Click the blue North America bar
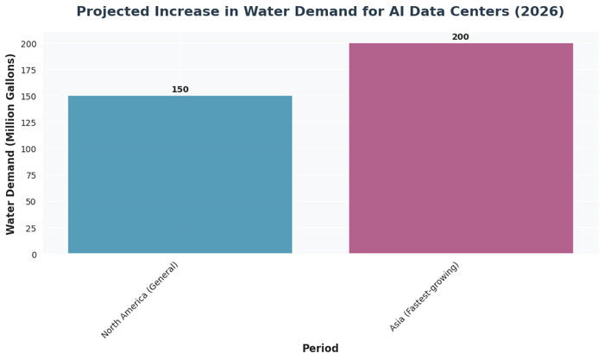point(179,174)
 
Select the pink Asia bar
point(461,148)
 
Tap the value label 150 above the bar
point(179,90)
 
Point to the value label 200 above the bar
point(461,37)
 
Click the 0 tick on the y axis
point(34,255)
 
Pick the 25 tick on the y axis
point(31,229)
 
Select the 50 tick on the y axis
point(31,202)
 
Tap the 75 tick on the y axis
point(31,176)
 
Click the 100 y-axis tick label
point(28,149)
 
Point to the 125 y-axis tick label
point(28,123)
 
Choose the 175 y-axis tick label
point(28,71)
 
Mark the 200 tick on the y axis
point(28,44)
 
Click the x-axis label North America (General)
point(140,300)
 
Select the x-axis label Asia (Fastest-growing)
point(425,297)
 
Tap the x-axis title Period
point(320,349)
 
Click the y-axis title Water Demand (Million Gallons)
point(11,143)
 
